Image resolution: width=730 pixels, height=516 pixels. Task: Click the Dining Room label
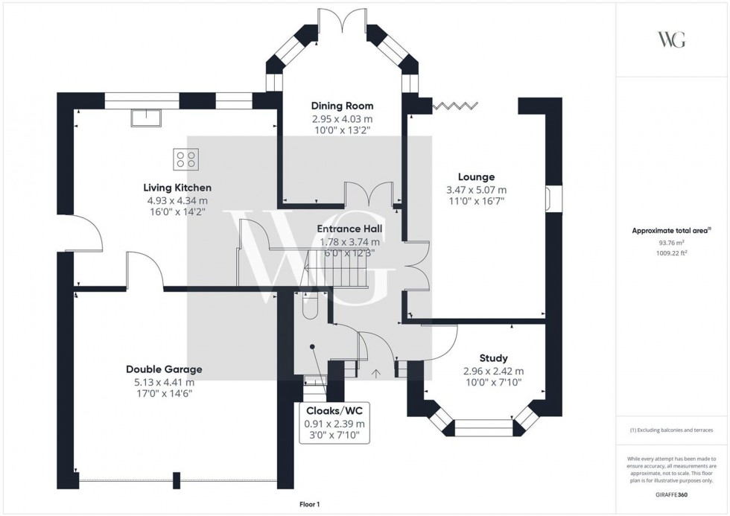342,106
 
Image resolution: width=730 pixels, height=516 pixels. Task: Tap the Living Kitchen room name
178,188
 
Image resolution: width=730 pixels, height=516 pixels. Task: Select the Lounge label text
477,177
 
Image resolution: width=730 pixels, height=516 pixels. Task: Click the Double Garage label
164,369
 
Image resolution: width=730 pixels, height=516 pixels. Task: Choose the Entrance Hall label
349,229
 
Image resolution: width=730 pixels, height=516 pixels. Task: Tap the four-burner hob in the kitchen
186,159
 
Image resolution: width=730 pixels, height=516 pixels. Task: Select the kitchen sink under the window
145,116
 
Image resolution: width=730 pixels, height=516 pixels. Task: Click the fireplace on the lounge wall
547,199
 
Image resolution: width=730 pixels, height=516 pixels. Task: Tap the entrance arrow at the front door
375,372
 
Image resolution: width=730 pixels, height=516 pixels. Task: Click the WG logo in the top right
672,40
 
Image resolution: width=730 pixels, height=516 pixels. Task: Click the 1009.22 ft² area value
672,253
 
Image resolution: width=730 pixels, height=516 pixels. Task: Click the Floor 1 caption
308,505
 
